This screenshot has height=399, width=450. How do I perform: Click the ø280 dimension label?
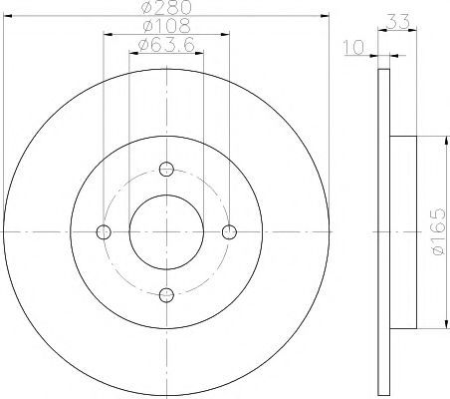[x=166, y=7]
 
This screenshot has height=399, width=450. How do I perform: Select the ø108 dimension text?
[x=166, y=26]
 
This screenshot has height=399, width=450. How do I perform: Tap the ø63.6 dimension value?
[x=166, y=45]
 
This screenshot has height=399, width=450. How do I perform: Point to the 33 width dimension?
[x=398, y=22]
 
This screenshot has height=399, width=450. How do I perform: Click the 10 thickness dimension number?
[x=354, y=47]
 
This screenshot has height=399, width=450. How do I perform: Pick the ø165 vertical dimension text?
[x=438, y=231]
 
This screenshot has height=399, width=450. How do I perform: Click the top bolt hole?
[x=166, y=169]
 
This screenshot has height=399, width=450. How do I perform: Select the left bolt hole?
[x=104, y=231]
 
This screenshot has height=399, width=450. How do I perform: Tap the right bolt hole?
[x=229, y=231]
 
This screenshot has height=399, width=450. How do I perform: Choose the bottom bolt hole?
[x=166, y=295]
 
